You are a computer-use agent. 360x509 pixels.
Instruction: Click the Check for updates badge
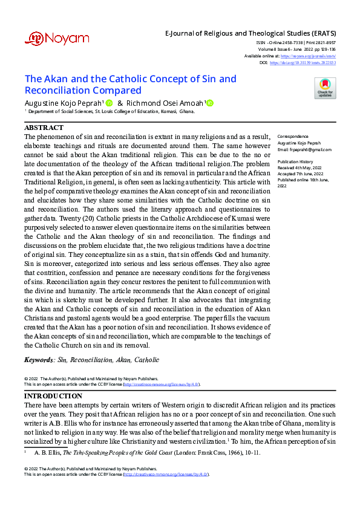[325, 88]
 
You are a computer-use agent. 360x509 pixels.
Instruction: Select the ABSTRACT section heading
[44, 128]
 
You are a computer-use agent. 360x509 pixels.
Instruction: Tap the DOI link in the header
[303, 62]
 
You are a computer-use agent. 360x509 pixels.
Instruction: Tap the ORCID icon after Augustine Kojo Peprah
[110, 103]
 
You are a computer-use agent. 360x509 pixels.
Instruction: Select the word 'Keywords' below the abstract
[38, 360]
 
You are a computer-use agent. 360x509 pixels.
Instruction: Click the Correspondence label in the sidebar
[292, 137]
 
